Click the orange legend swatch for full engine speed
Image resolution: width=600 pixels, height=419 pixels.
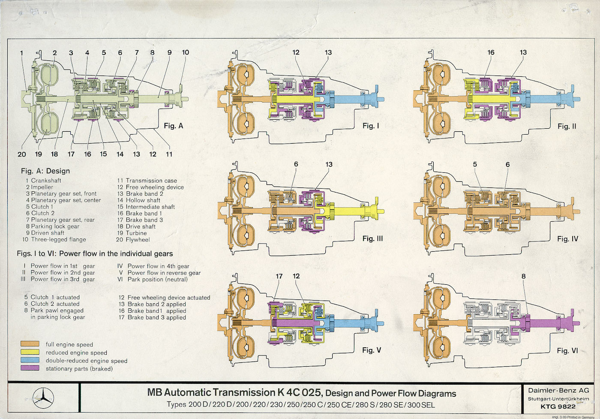(x=30, y=344)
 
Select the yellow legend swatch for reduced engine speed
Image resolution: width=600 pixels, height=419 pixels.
(x=30, y=352)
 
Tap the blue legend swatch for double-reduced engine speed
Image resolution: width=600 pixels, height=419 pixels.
(x=30, y=360)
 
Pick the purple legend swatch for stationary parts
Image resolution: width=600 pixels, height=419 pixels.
(x=30, y=368)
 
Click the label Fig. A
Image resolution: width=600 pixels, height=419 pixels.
(x=173, y=126)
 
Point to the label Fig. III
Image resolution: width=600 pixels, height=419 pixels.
(x=372, y=238)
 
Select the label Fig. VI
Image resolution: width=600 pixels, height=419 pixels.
(x=567, y=351)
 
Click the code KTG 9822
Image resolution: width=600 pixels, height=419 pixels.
(x=558, y=406)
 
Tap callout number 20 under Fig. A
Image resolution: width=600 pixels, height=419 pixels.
(x=22, y=154)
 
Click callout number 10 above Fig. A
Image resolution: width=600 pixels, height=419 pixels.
(x=185, y=52)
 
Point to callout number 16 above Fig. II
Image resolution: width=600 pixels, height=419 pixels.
(x=491, y=52)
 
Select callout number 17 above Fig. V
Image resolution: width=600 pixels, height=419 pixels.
(x=279, y=276)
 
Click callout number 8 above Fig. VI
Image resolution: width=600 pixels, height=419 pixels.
(x=523, y=276)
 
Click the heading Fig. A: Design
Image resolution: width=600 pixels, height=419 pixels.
(x=45, y=171)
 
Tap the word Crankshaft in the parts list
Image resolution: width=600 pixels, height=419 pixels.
(x=46, y=181)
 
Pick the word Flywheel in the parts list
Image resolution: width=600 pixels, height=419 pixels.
(x=138, y=240)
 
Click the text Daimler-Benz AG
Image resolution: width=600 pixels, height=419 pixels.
(x=558, y=390)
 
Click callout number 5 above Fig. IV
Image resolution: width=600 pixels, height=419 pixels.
(x=475, y=164)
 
